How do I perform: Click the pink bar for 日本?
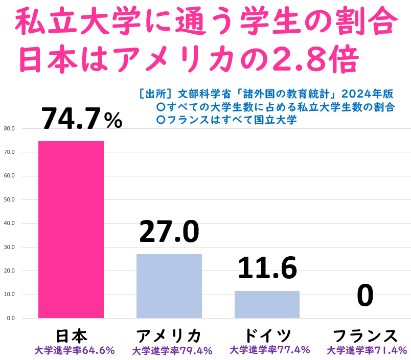71,230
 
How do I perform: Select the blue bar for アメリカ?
169,286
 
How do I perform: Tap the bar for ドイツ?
267,304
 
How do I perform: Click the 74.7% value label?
82,119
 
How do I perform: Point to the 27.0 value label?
169,232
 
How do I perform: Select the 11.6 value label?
267,268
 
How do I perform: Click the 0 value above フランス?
365,296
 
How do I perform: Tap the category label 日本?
71,335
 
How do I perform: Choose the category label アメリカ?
169,335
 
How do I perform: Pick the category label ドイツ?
267,335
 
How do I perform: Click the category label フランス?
365,335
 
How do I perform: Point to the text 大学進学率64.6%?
75,351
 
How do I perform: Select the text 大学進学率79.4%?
172,351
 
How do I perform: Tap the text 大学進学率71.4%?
367,351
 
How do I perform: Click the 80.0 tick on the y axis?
9,128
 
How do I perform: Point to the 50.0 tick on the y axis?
9,199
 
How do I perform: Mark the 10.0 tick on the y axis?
9,295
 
